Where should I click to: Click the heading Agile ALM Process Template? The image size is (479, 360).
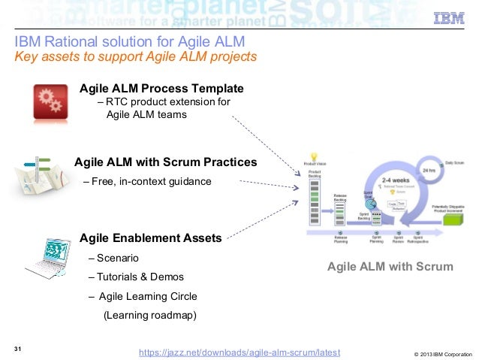coord(161,88)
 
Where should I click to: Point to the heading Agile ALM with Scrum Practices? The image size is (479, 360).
coord(165,162)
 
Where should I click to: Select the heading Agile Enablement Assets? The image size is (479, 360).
coord(150,238)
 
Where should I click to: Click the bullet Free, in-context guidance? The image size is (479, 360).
coord(147,182)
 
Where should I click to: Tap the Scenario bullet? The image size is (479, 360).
coord(113,259)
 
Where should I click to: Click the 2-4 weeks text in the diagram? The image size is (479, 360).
coord(394,181)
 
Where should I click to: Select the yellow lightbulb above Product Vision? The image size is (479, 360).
coord(313,155)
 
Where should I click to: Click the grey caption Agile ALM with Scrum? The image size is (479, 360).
coord(390,267)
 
